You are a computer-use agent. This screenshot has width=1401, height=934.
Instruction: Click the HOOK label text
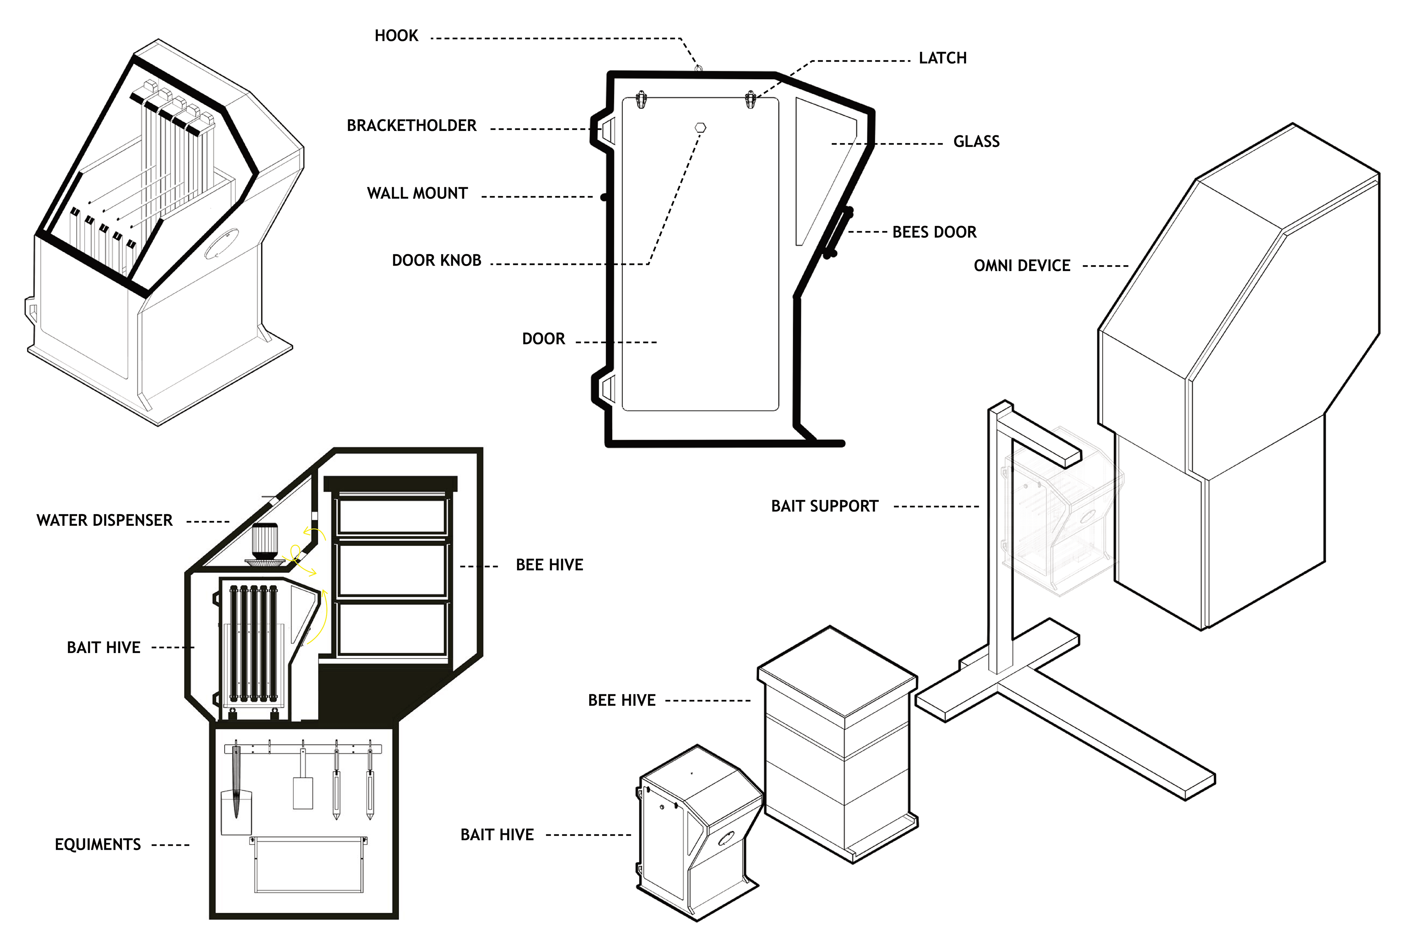pyautogui.click(x=396, y=36)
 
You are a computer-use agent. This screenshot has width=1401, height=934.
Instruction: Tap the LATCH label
pyautogui.click(x=942, y=58)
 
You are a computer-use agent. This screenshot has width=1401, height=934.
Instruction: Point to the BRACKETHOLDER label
pyautogui.click(x=412, y=126)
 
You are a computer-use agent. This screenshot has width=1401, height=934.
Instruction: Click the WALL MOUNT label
pyautogui.click(x=417, y=193)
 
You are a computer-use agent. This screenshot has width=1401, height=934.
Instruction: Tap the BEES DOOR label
pyautogui.click(x=934, y=232)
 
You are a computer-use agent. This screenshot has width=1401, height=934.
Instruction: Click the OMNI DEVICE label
pyautogui.click(x=1022, y=266)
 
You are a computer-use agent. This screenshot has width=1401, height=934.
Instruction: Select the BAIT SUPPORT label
pyautogui.click(x=825, y=506)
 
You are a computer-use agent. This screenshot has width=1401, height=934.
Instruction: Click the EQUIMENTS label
pyautogui.click(x=98, y=845)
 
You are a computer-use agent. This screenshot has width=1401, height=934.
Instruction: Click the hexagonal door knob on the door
pyautogui.click(x=700, y=127)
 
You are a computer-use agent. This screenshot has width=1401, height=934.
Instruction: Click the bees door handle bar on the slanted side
pyautogui.click(x=838, y=232)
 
